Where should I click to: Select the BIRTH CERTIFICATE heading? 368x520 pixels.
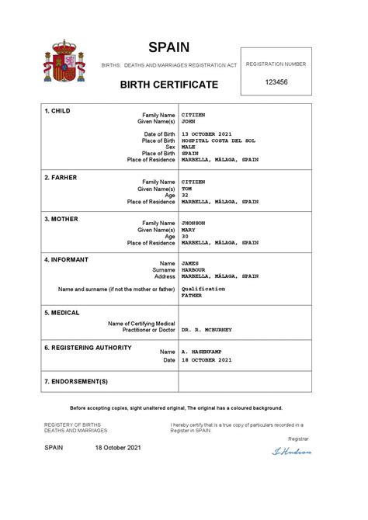(168, 84)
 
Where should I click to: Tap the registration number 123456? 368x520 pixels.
(276, 81)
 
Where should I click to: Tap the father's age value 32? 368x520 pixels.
(184, 195)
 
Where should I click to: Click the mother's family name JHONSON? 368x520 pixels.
(193, 223)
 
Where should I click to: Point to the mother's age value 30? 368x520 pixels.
(184, 236)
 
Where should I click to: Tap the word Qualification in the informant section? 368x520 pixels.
(203, 289)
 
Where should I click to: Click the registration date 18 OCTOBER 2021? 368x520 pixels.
(206, 360)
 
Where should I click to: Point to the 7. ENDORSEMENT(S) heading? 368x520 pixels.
(76, 382)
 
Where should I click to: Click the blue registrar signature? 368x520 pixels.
(290, 451)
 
